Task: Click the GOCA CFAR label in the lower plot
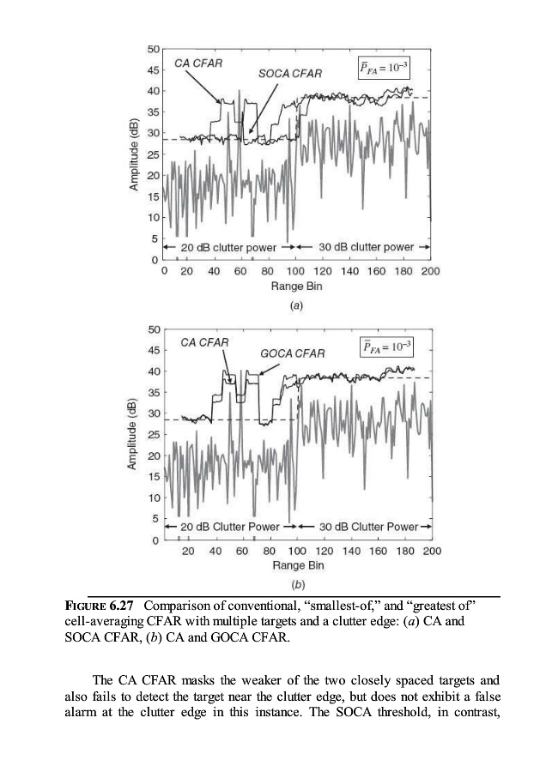coord(292,353)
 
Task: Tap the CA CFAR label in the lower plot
coord(204,342)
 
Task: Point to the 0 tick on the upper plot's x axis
coord(164,272)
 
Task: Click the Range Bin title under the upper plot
coord(295,286)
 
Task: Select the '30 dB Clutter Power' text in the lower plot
coord(368,527)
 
